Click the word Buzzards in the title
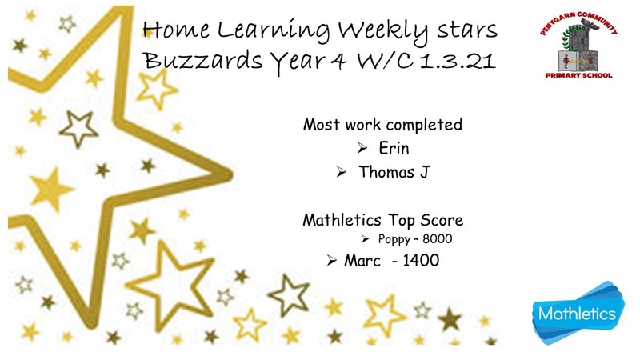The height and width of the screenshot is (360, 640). (x=202, y=61)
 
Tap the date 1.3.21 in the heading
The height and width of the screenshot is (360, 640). (x=458, y=61)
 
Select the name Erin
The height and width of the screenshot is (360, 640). (x=394, y=148)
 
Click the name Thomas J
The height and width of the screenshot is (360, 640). (x=394, y=172)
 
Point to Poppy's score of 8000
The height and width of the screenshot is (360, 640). (x=437, y=238)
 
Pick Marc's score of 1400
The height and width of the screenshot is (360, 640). (x=421, y=261)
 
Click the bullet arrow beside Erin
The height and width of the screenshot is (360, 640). (x=362, y=148)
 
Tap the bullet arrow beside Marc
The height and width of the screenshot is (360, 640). (x=331, y=261)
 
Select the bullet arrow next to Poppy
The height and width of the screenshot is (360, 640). (x=365, y=239)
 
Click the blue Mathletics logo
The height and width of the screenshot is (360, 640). (x=578, y=313)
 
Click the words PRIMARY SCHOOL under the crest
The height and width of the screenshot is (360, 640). (x=578, y=75)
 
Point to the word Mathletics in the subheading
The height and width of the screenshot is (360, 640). (x=342, y=220)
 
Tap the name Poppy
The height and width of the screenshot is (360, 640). (x=394, y=239)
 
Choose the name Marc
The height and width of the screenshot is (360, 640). (x=362, y=261)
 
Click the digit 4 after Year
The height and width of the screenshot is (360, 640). (x=338, y=61)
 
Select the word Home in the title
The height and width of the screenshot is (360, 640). (x=176, y=30)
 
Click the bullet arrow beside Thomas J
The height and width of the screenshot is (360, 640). (x=342, y=172)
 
